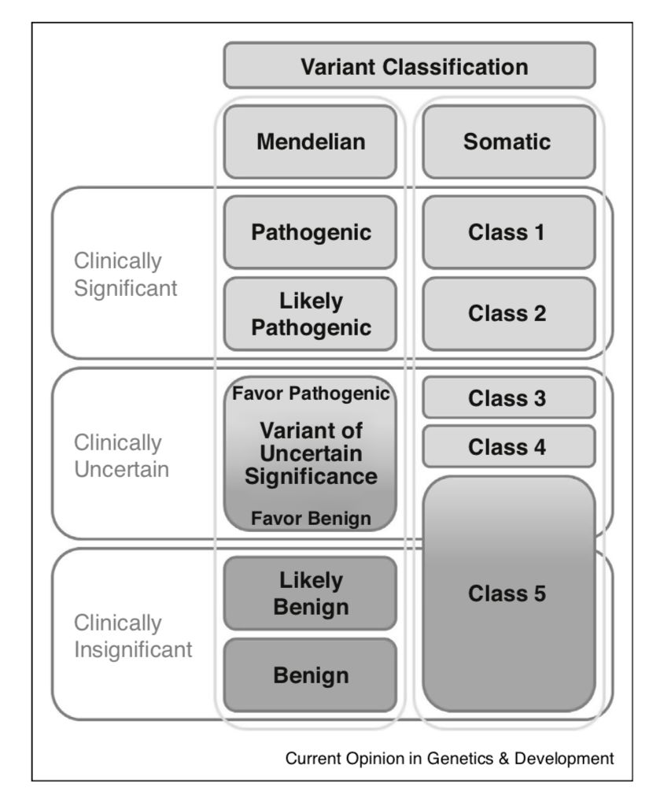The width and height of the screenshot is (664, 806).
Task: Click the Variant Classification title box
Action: click(x=409, y=66)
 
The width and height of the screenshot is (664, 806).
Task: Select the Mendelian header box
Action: click(x=310, y=142)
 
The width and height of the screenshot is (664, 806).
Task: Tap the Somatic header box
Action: click(x=508, y=142)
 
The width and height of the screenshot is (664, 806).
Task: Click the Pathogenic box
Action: click(x=310, y=233)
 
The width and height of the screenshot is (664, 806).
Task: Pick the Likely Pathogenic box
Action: click(x=310, y=314)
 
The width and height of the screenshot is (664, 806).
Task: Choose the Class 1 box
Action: click(x=508, y=233)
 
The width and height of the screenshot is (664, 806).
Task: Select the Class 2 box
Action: click(x=508, y=314)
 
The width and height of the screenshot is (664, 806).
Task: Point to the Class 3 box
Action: click(x=508, y=398)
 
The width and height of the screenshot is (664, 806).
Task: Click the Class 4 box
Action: click(x=508, y=447)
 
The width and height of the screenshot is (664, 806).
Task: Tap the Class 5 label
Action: click(x=508, y=593)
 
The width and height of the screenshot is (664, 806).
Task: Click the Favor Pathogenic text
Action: click(x=310, y=394)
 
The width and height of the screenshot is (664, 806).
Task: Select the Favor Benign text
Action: click(x=310, y=519)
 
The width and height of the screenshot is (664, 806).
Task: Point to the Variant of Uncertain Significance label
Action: click(x=310, y=453)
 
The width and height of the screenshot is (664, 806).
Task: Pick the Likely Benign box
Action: click(x=310, y=594)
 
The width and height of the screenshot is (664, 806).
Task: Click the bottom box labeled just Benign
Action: click(x=310, y=675)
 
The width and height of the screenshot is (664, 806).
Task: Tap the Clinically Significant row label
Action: click(x=126, y=274)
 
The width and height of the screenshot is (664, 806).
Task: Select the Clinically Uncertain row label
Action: click(x=121, y=456)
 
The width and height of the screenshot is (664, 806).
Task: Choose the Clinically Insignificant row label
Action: click(x=133, y=637)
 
